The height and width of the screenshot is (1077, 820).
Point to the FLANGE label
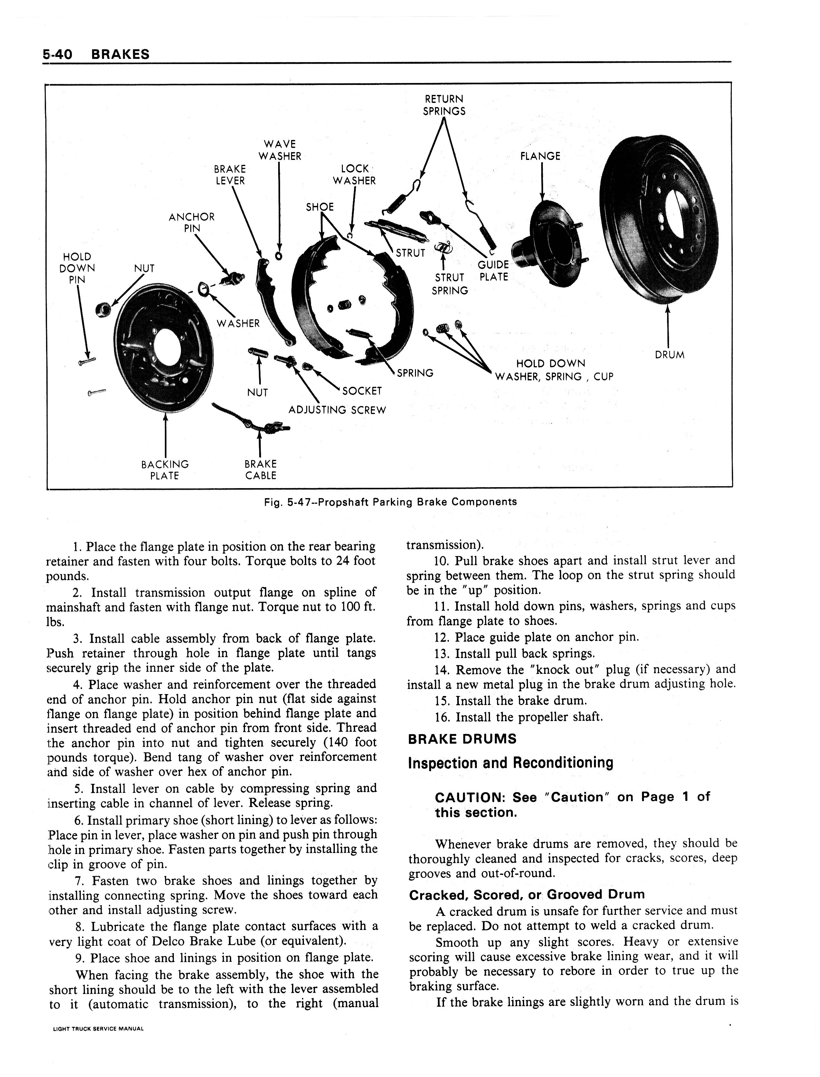coord(540,156)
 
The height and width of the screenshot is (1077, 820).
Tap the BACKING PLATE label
coord(165,470)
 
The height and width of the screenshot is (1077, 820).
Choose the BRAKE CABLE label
coord(261,470)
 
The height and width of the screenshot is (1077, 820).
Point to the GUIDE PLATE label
coord(494,271)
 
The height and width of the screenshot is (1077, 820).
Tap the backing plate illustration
coord(164,349)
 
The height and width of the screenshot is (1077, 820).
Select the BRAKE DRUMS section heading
coord(462,739)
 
